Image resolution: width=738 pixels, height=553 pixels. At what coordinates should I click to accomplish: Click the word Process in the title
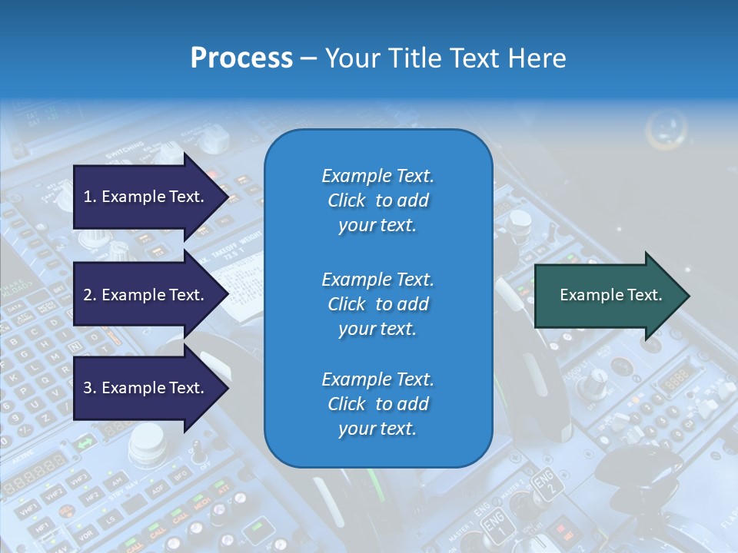tap(241, 58)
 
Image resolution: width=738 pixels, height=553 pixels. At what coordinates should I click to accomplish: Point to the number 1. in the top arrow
tap(90, 197)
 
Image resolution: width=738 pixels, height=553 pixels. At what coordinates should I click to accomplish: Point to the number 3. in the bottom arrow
tap(90, 388)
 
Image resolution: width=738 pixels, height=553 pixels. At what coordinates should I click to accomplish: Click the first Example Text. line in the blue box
tap(377, 176)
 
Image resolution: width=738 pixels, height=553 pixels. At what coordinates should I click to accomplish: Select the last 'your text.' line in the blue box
tap(377, 429)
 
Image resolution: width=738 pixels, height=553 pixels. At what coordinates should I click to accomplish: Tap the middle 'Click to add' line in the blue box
tap(377, 304)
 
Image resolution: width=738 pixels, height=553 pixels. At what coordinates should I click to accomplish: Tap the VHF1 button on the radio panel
tap(28, 510)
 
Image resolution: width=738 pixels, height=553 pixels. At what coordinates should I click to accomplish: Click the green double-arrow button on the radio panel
tap(85, 443)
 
